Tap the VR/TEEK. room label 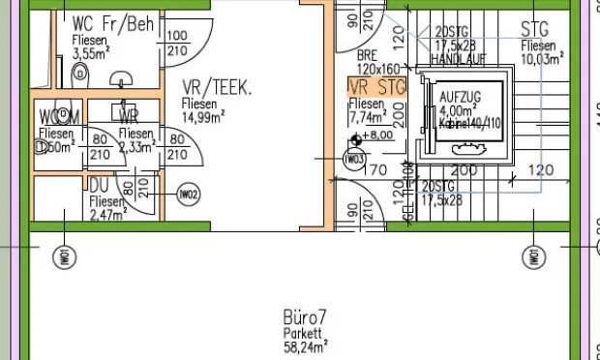pyautogui.click(x=218, y=88)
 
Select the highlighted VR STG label pyautogui.click(x=376, y=88)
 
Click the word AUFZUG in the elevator pyautogui.click(x=460, y=99)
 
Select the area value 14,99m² pyautogui.click(x=204, y=117)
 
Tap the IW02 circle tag pyautogui.click(x=189, y=195)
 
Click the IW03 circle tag pyautogui.click(x=355, y=159)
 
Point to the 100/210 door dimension pyautogui.click(x=177, y=44)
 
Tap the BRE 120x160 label pyautogui.click(x=376, y=63)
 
